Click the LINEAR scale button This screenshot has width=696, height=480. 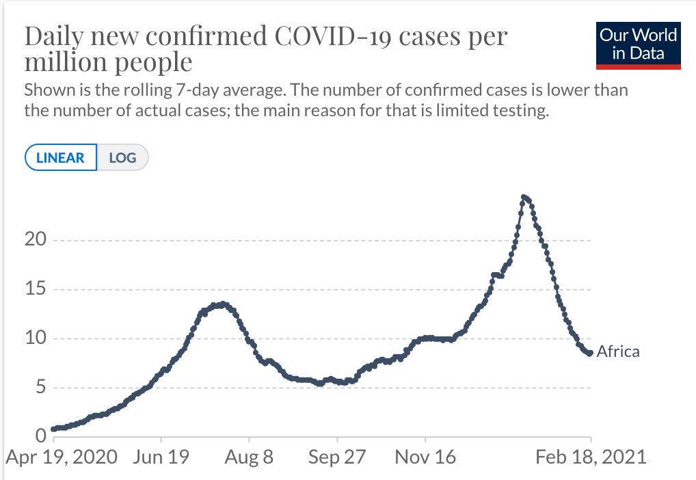tap(61, 158)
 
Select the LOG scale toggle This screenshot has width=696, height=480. tap(122, 158)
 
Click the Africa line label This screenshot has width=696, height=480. tap(618, 352)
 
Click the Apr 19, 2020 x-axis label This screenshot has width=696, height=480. tap(62, 456)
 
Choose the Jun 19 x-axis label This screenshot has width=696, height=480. tap(161, 456)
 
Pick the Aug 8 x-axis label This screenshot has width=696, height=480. tap(250, 456)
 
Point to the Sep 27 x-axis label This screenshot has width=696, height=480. tap(337, 456)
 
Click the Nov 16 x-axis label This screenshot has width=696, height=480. tap(425, 456)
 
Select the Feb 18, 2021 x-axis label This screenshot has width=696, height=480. tap(591, 456)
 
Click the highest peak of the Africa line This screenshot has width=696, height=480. tap(524, 198)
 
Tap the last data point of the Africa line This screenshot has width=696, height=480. tap(590, 353)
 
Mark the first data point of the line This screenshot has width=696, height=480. tap(53, 429)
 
